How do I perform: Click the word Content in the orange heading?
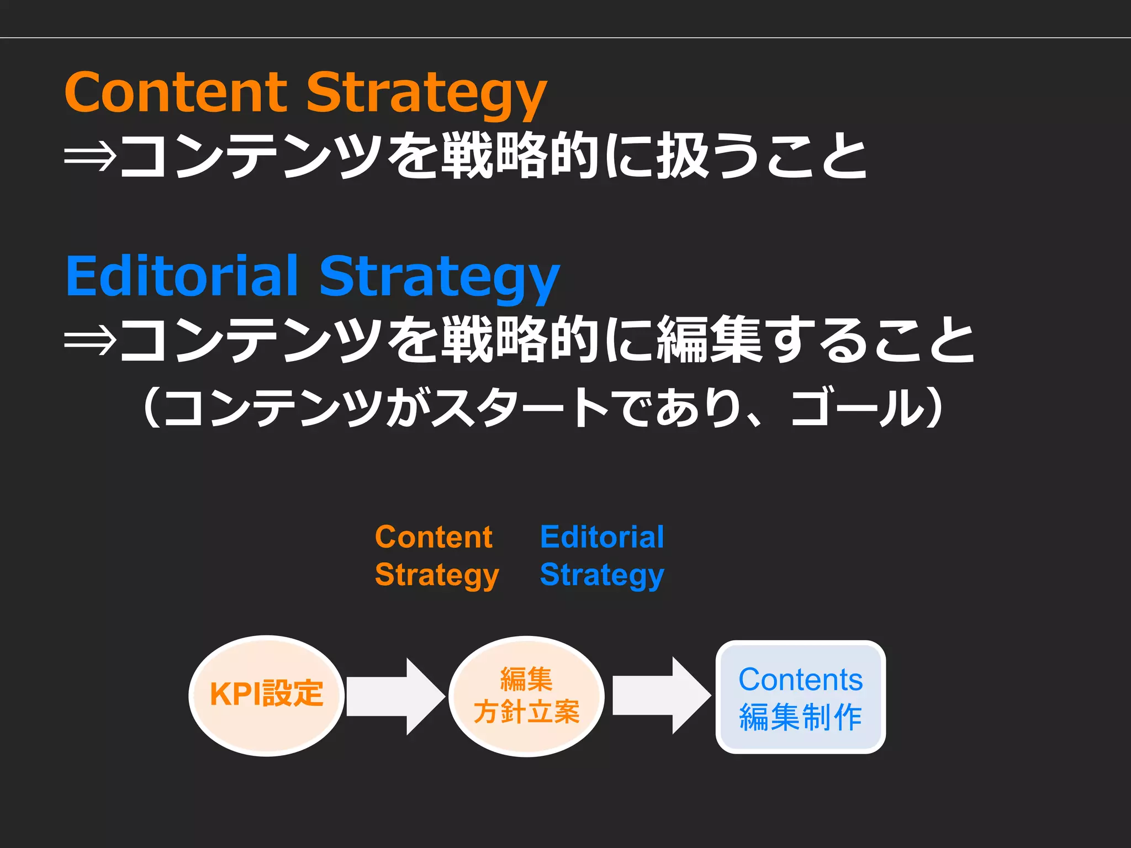coord(176,92)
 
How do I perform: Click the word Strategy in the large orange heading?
coord(426,94)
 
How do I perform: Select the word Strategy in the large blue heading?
coord(439,277)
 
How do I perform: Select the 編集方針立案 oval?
coord(526,696)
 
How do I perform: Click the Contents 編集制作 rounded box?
coord(800,697)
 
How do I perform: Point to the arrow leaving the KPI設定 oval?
coord(395,696)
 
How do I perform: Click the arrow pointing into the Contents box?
coord(661,696)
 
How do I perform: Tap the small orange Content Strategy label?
coord(436,556)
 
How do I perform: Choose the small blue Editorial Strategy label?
coord(602,556)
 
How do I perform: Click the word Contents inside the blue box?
coord(800,680)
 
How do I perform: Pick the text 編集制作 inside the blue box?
coord(800,717)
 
